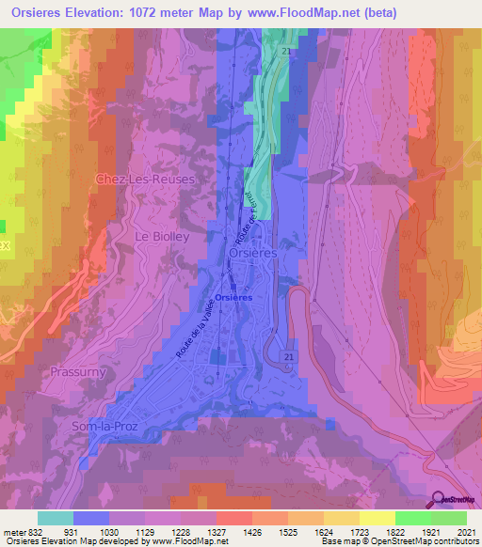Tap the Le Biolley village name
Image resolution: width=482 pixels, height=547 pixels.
pos(163,237)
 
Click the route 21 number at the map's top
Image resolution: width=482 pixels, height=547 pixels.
pos(284,53)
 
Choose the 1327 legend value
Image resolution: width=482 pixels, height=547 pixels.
pos(215,532)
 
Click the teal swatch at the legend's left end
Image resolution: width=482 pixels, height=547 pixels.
pos(55,518)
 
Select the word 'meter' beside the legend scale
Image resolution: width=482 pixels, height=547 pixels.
pos(13,532)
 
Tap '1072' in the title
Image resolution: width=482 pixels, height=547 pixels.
pos(161,13)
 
